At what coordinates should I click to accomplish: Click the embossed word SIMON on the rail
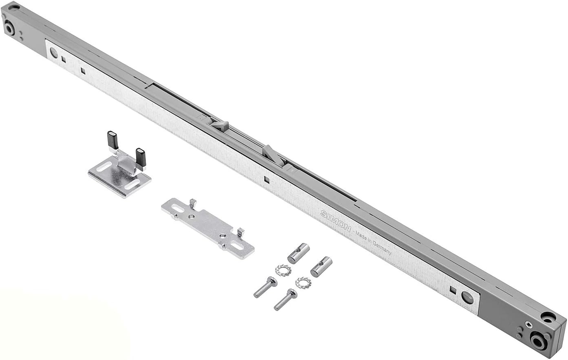tap(335, 221)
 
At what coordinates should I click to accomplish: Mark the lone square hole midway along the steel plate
tap(266, 179)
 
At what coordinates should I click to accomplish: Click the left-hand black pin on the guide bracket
tap(112, 140)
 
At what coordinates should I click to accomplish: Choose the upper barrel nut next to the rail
tap(298, 253)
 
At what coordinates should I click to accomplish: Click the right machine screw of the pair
tap(285, 299)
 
